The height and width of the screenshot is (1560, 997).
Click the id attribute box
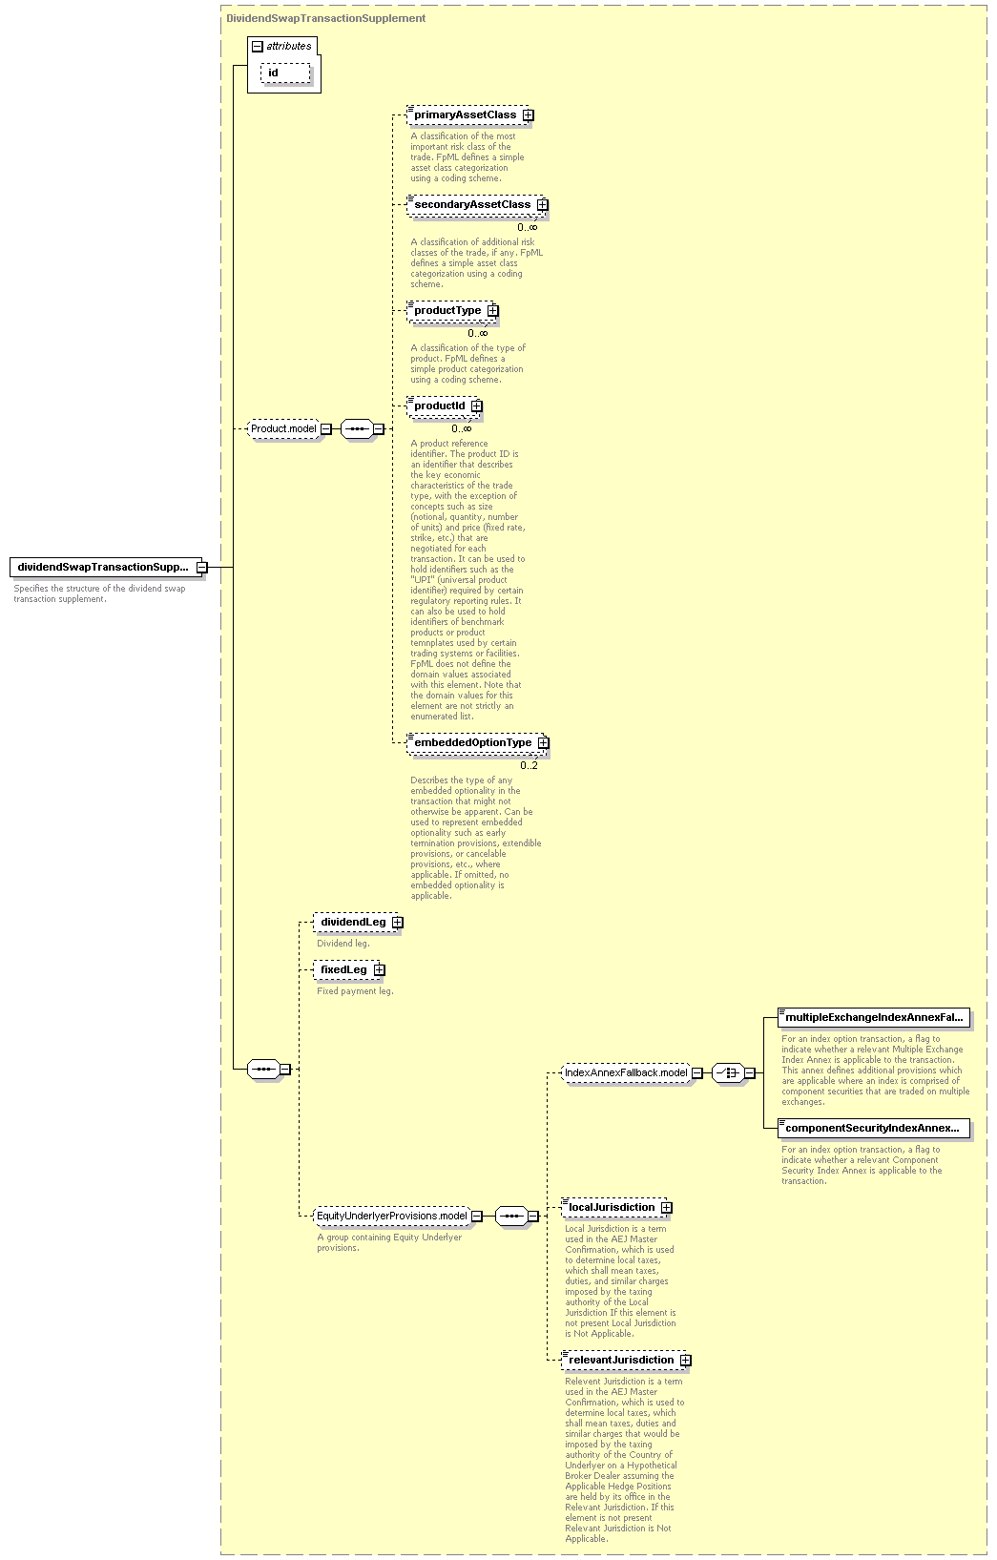point(285,73)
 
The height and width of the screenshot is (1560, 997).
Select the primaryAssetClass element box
point(470,114)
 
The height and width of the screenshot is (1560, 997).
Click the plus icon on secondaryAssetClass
point(542,205)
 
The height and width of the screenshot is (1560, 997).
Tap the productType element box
point(452,311)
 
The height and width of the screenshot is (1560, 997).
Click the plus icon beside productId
point(476,406)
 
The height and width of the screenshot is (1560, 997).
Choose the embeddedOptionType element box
point(478,743)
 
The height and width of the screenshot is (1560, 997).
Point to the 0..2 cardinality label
point(530,766)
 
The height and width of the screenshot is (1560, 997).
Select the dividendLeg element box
point(358,922)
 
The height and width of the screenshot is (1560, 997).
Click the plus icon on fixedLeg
point(379,970)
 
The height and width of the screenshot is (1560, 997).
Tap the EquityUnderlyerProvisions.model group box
point(398,1216)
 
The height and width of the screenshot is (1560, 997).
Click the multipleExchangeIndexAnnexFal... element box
point(874,1017)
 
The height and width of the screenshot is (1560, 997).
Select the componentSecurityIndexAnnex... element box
point(874,1128)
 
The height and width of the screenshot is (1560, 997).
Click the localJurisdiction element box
point(617,1208)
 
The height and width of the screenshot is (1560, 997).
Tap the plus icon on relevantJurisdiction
point(686,1361)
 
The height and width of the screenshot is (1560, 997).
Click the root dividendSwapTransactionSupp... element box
point(109,568)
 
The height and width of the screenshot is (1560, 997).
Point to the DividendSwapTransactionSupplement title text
point(326,19)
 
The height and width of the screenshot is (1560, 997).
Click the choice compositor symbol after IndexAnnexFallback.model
point(729,1073)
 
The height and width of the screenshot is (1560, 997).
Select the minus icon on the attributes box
point(258,47)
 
